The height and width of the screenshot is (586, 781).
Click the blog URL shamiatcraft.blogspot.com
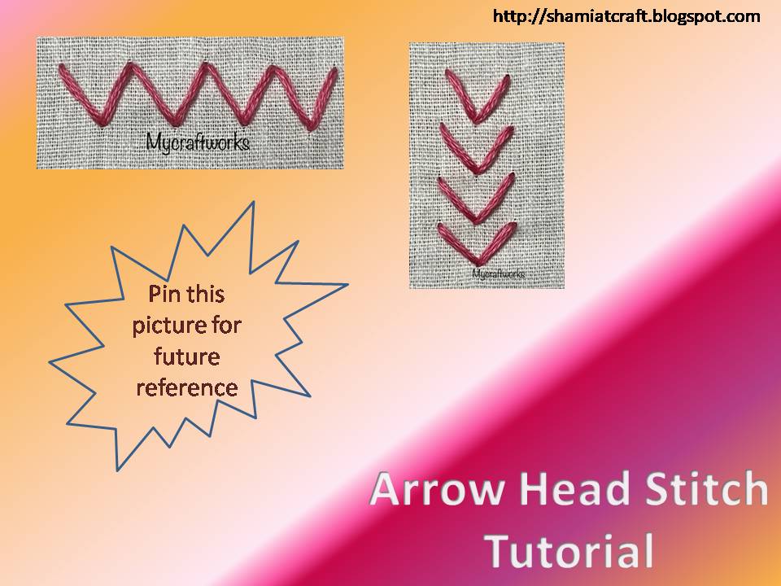click(x=626, y=16)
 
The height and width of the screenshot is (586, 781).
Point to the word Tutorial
click(x=569, y=551)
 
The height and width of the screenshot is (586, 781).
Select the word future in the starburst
click(x=187, y=356)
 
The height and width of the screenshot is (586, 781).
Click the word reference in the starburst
click(x=187, y=387)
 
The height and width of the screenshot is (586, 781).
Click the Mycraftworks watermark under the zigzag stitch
click(x=198, y=141)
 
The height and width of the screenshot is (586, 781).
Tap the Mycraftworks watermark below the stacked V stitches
click(x=498, y=274)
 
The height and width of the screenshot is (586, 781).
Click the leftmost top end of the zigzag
click(x=62, y=69)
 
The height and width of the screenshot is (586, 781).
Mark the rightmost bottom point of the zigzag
click(x=310, y=126)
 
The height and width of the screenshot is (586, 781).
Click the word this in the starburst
click(x=209, y=293)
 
